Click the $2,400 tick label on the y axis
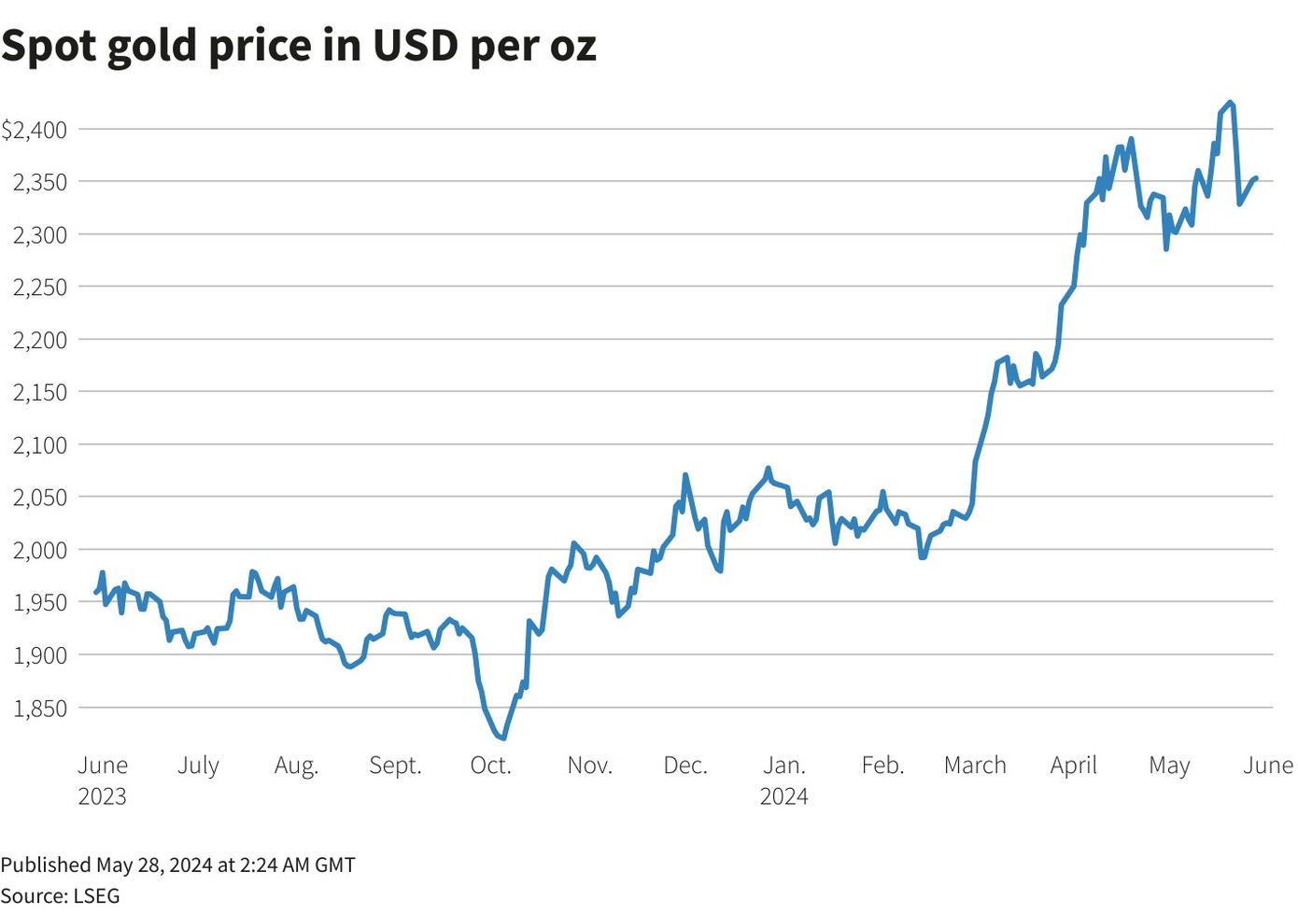click(x=35, y=130)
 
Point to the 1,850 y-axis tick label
click(x=39, y=708)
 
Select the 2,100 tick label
click(x=39, y=445)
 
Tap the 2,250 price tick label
click(x=39, y=288)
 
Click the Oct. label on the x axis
click(x=490, y=766)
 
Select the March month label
click(x=975, y=766)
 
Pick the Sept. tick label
click(x=395, y=766)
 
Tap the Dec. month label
click(x=685, y=766)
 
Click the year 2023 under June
click(x=102, y=796)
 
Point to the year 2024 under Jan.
click(x=783, y=796)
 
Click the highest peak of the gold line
click(x=1231, y=103)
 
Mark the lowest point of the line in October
click(x=503, y=738)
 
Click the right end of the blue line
click(x=1256, y=177)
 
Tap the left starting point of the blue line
click(x=95, y=592)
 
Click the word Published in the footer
click(x=46, y=865)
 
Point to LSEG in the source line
click(x=96, y=896)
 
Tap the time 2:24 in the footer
click(x=260, y=865)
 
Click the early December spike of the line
click(x=685, y=475)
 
